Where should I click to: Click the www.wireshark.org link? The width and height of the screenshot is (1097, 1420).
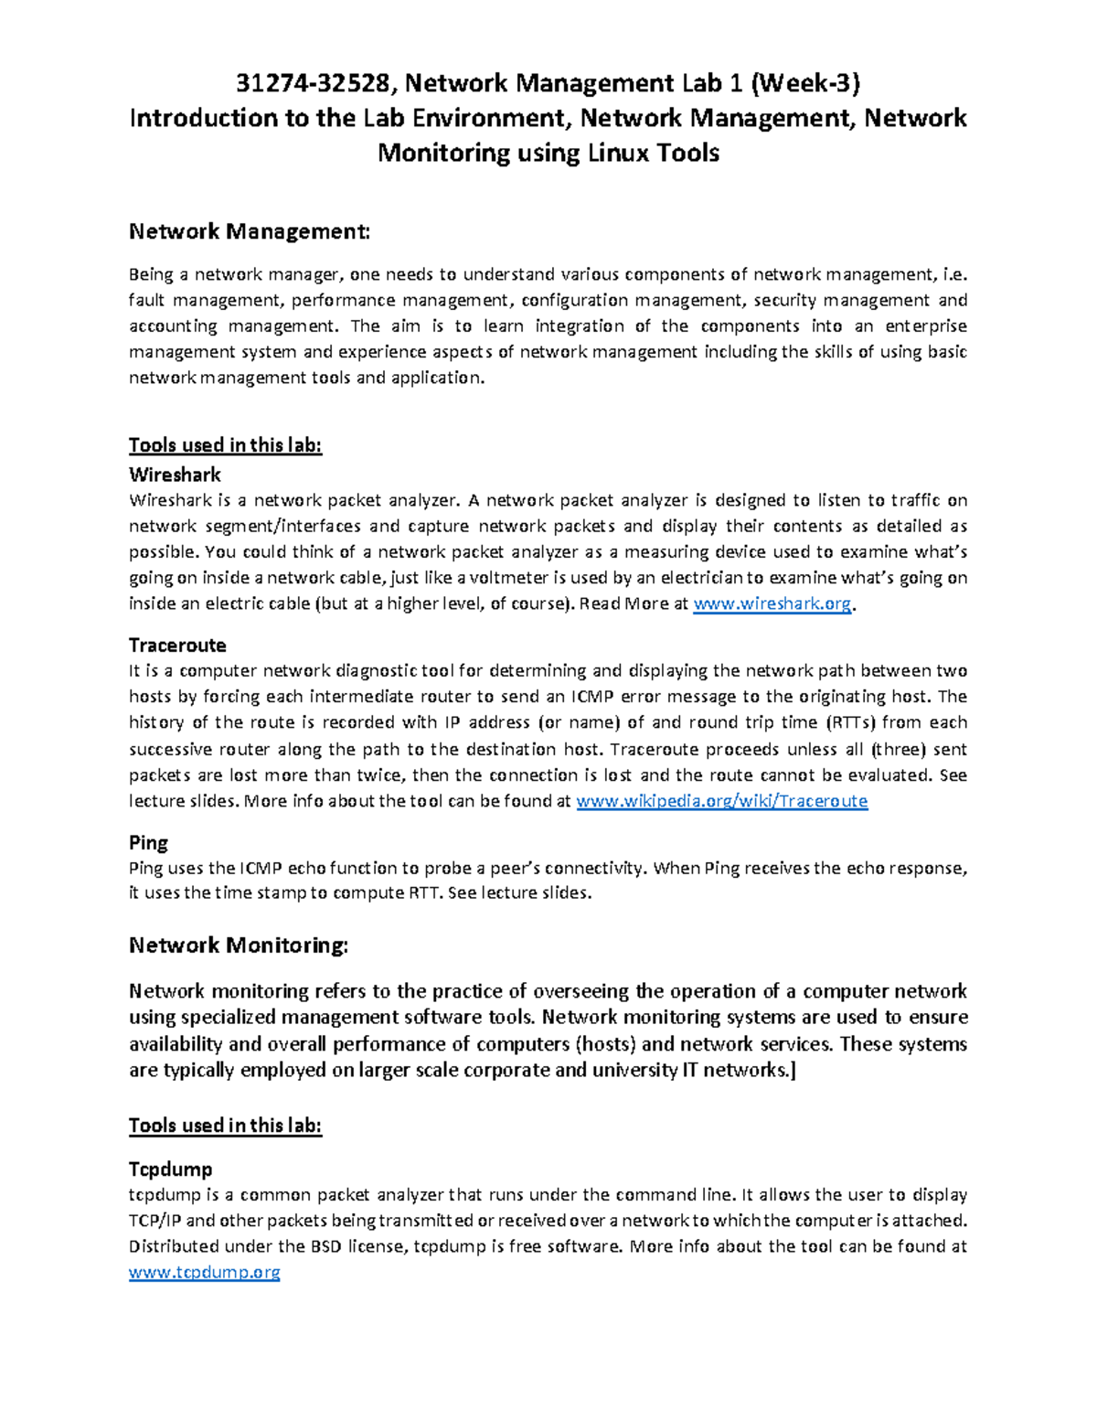click(772, 603)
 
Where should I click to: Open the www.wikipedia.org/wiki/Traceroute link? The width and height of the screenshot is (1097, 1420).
click(721, 801)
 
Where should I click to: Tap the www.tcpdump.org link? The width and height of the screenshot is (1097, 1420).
click(204, 1272)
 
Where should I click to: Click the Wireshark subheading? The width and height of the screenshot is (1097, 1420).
click(175, 475)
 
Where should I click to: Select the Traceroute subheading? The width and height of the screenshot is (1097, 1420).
click(177, 646)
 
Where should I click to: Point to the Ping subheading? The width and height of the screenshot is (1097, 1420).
click(148, 843)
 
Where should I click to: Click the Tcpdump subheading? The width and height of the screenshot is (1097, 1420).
click(170, 1169)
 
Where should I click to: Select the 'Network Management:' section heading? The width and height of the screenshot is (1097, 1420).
click(250, 231)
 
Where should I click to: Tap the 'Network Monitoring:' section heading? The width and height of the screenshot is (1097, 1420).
click(238, 945)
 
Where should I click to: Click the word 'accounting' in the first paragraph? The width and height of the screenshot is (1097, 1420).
click(173, 326)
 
